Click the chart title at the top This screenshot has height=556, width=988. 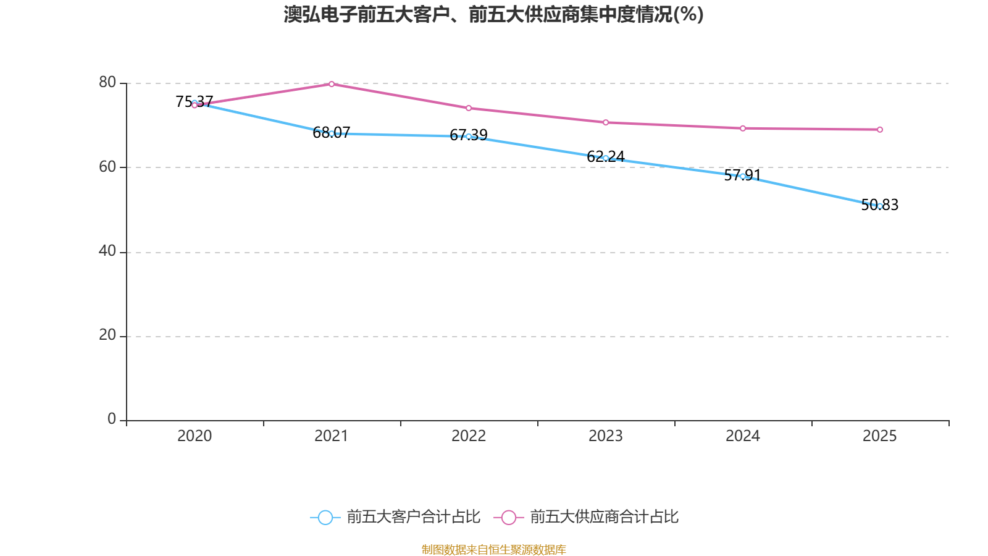(x=493, y=14)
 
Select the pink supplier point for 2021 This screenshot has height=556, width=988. (x=332, y=84)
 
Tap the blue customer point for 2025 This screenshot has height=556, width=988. (x=880, y=206)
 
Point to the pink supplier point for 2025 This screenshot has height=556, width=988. (x=880, y=130)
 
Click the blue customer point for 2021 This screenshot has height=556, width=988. (x=332, y=133)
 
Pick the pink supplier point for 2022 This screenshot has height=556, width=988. (x=469, y=108)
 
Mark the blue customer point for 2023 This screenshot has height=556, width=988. (x=606, y=158)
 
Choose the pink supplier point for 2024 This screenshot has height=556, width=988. (x=743, y=128)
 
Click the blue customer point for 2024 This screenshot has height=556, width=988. (x=743, y=176)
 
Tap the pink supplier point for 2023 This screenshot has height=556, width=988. (x=606, y=122)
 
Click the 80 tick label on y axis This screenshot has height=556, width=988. (x=107, y=83)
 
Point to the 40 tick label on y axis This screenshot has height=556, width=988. (x=107, y=251)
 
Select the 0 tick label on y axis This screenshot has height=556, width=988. (x=112, y=419)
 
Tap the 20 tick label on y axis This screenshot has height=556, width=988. (x=107, y=335)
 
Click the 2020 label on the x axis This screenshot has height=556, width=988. (x=195, y=436)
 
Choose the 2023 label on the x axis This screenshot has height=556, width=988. (x=606, y=436)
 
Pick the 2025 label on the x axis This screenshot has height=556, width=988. (x=880, y=436)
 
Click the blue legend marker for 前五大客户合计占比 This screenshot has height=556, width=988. (x=325, y=517)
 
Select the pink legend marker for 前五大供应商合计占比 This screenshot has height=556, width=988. (x=509, y=517)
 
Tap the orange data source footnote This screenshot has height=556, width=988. (x=493, y=549)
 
